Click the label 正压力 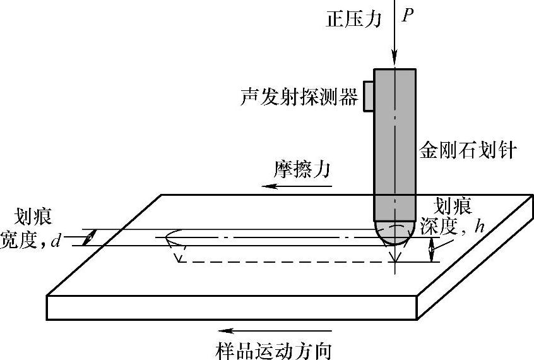click(354, 20)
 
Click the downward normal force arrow click(395, 38)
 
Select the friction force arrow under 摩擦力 click(297, 186)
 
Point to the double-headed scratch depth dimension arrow click(432, 249)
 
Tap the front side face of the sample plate click(227, 307)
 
